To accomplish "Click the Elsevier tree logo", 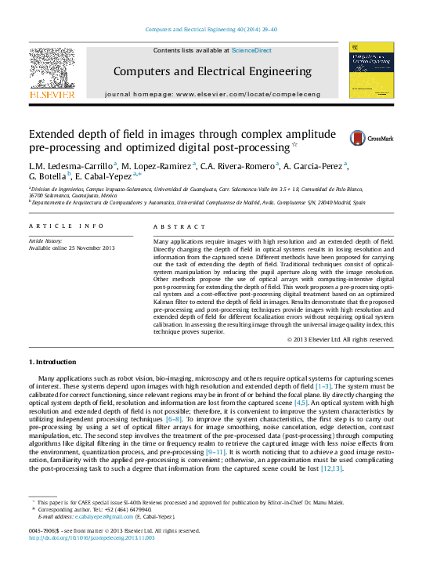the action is point(52,73).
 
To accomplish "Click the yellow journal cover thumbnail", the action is point(370,70).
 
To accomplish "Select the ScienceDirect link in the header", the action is point(251,50).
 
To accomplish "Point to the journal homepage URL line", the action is point(212,94).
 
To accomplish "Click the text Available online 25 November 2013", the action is point(71,248).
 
